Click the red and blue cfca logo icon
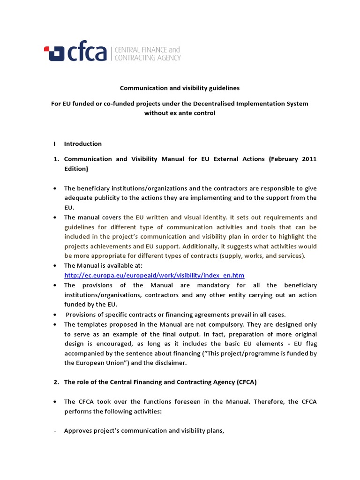pos(53,53)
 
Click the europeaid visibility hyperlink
pos(154,275)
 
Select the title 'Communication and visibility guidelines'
pos(180,88)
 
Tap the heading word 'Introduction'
pos(83,143)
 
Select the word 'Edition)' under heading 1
pos(76,168)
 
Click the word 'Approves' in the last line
pos(78,431)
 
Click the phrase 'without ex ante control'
pos(180,113)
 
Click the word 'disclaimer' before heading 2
pos(170,363)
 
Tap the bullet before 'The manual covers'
pos(55,217)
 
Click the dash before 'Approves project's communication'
pos(55,431)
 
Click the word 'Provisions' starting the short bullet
pos(82,314)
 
